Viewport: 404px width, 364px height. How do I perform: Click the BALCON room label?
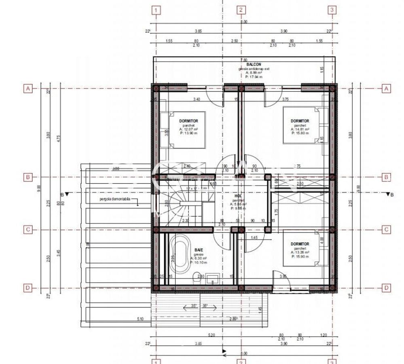click(x=254, y=64)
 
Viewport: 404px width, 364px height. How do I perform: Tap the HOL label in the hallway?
click(x=238, y=196)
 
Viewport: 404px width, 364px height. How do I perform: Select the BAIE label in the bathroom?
click(x=198, y=251)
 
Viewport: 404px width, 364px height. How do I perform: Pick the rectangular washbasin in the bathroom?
click(x=213, y=278)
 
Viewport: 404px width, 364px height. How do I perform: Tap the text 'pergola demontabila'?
click(x=115, y=199)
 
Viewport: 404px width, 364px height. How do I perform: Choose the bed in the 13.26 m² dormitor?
click(x=301, y=248)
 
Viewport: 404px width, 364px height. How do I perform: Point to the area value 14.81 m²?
click(x=300, y=129)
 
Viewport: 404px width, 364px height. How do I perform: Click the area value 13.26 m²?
click(x=300, y=252)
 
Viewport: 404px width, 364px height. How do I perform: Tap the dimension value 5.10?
click(x=140, y=319)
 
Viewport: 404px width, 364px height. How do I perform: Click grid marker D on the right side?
click(x=387, y=288)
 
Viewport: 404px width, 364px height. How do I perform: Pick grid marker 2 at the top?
click(x=241, y=10)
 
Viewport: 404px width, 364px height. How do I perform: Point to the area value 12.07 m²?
click(x=187, y=129)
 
